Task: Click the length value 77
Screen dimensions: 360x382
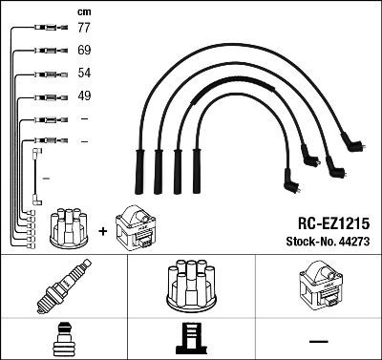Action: point(83,29)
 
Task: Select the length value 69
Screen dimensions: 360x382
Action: point(83,50)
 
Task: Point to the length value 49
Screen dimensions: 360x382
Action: point(83,95)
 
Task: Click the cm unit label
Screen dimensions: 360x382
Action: point(82,11)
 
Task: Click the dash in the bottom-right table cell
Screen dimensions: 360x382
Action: point(318,339)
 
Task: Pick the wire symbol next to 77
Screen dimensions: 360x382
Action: point(42,29)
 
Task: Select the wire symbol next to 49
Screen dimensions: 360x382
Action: point(42,95)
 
